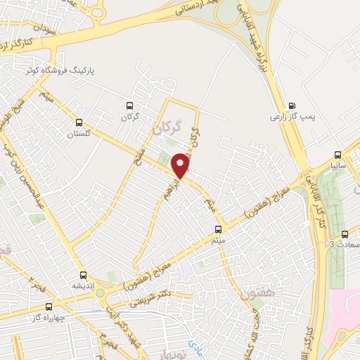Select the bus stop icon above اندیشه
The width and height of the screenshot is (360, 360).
83,275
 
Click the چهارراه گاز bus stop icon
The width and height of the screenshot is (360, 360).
49,307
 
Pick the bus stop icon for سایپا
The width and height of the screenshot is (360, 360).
337,155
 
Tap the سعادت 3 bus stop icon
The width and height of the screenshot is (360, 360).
344,234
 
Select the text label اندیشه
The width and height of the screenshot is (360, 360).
83,286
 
